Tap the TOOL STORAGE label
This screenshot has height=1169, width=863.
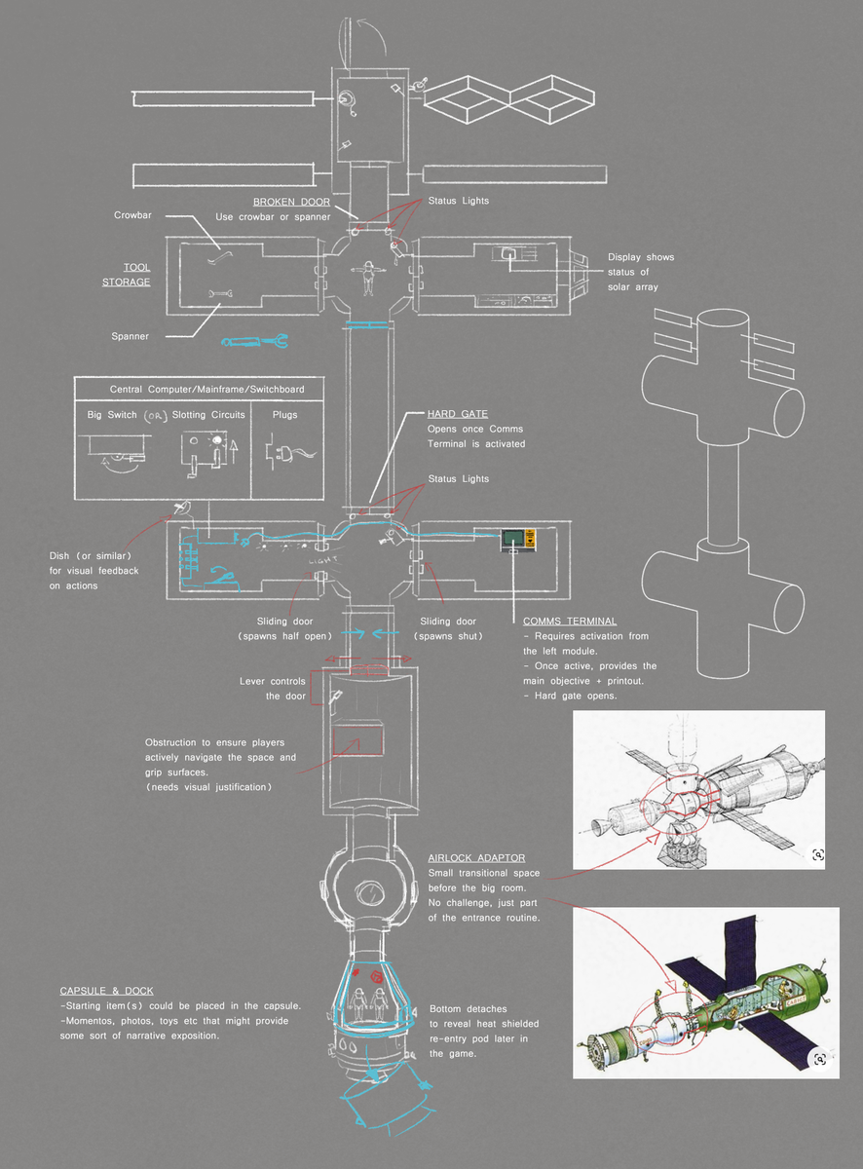point(126,274)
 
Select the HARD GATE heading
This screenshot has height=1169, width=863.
point(458,413)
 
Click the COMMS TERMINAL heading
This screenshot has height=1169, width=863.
point(569,622)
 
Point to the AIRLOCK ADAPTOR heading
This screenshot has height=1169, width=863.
point(476,858)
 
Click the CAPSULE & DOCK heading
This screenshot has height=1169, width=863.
point(106,991)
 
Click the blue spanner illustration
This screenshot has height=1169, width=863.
point(253,341)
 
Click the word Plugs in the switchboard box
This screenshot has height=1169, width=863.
point(285,414)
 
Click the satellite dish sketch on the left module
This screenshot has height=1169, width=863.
point(181,508)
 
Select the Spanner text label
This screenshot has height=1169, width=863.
point(130,336)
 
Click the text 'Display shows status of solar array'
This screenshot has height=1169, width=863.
point(640,272)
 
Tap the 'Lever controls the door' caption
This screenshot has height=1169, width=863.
point(272,689)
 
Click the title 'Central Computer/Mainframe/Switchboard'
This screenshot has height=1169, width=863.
point(206,389)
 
